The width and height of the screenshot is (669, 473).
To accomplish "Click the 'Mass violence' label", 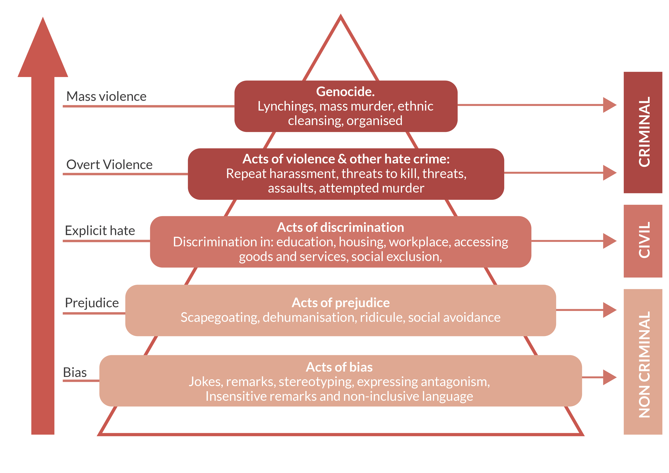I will [x=106, y=96].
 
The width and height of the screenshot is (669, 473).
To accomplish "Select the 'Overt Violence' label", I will [x=109, y=165].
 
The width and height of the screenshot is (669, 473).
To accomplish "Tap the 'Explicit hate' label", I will [x=100, y=231].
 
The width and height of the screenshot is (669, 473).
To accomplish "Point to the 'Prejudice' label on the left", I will [x=92, y=303].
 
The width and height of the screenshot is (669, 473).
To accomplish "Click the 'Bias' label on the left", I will [x=75, y=373].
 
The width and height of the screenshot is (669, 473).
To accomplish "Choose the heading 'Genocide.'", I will [x=345, y=92].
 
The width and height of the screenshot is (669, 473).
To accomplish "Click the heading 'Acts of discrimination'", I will [x=340, y=227].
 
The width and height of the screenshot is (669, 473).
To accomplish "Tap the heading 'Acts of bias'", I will [x=339, y=367].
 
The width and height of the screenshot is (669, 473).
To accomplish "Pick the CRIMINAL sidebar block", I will [x=643, y=132].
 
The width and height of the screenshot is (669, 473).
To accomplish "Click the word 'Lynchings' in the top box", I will [x=287, y=107].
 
